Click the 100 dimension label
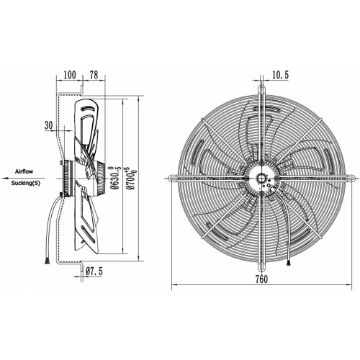tap(70, 75)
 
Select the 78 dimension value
tap(94, 75)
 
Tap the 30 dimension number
tap(48, 125)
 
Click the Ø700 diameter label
tap(131, 178)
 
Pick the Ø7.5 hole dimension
tap(94, 271)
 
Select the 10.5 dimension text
tap(280, 75)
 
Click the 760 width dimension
tap(261, 279)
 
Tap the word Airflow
tap(24, 171)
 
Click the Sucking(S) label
tap(26, 184)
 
